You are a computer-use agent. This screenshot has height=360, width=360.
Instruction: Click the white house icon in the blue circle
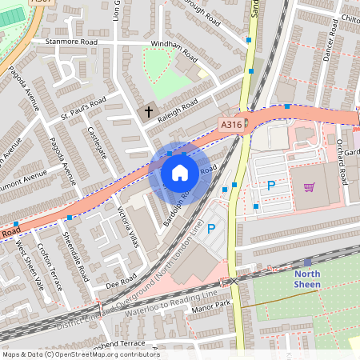point(180,173)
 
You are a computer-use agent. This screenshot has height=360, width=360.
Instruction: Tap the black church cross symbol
point(149,112)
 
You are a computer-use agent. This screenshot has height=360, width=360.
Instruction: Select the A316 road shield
point(232,124)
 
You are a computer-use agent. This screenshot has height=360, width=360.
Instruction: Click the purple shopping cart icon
point(309,187)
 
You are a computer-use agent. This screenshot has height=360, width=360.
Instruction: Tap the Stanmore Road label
point(71,41)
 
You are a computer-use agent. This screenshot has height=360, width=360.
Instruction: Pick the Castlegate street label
point(97,142)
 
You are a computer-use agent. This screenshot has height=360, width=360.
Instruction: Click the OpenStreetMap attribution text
point(80,354)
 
